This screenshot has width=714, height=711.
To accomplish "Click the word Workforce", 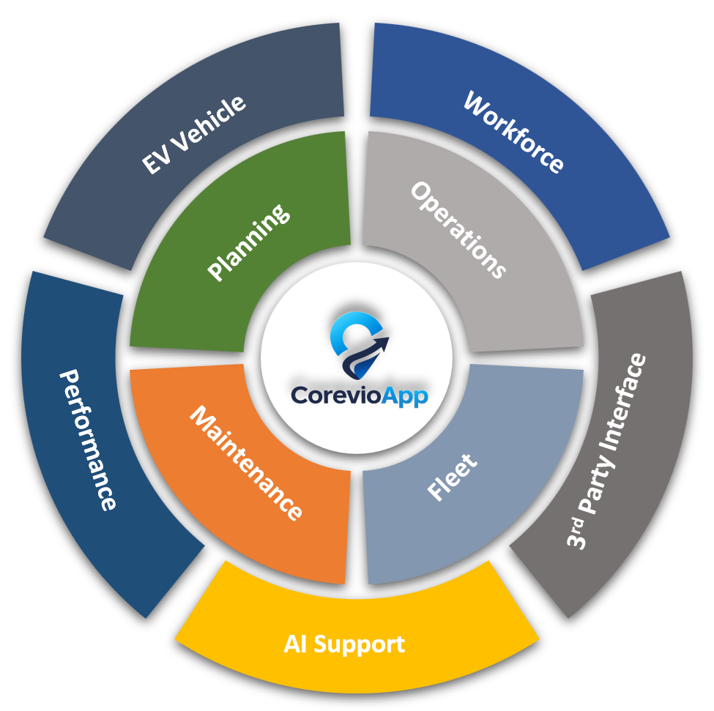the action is [x=513, y=132].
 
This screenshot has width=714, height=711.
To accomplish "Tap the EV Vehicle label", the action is [x=193, y=135].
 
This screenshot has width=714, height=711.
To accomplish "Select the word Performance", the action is [x=88, y=440].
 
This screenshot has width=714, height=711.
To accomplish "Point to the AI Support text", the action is [x=344, y=644].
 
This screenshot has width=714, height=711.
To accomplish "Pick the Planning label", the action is [x=248, y=242].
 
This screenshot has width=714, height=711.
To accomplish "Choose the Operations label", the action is [x=458, y=230].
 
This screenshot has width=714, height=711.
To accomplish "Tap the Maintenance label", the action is [x=246, y=463].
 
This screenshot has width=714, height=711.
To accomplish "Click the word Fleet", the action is [x=452, y=477].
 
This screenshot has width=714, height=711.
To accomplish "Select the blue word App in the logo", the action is [x=404, y=396].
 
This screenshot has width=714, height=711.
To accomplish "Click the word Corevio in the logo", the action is [x=335, y=395].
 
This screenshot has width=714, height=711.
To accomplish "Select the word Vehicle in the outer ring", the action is [x=209, y=123].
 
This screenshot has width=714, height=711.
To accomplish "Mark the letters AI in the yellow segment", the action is [x=294, y=644].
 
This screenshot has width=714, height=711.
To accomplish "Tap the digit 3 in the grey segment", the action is [x=576, y=540].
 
